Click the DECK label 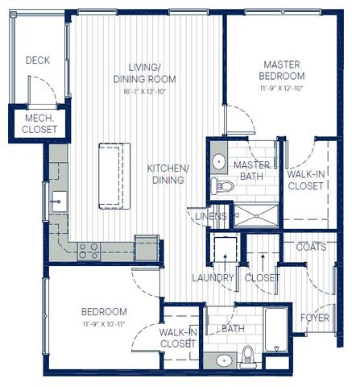pyautogui.click(x=38, y=60)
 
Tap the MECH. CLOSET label pyautogui.click(x=39, y=124)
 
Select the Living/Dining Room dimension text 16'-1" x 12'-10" pyautogui.click(x=145, y=92)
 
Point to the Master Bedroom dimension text pyautogui.click(x=282, y=88)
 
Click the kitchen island pyautogui.click(x=114, y=176)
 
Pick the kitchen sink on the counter pyautogui.click(x=60, y=202)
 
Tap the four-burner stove pyautogui.click(x=89, y=251)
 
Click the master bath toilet pyautogui.click(x=222, y=185)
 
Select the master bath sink pyautogui.click(x=219, y=161)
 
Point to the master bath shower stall pyautogui.click(x=257, y=215)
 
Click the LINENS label pyautogui.click(x=211, y=216)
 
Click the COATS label pyautogui.click(x=312, y=247)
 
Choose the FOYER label pyautogui.click(x=315, y=318)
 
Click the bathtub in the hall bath pyautogui.click(x=275, y=330)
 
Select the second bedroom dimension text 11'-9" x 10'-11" pyautogui.click(x=104, y=324)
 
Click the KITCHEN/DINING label pyautogui.click(x=168, y=174)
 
